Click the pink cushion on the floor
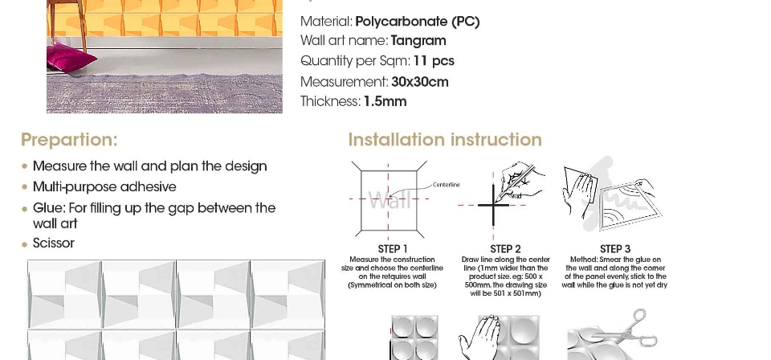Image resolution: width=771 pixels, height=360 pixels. [x=71, y=58]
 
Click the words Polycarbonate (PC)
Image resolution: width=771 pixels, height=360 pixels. [x=417, y=22]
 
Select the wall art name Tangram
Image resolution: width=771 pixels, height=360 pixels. [x=418, y=41]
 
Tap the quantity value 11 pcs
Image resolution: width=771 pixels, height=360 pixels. [x=434, y=61]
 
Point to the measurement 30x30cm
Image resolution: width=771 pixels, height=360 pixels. [x=420, y=82]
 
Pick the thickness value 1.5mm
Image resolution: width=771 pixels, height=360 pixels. [x=385, y=101]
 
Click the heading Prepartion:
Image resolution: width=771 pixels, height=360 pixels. [x=69, y=140]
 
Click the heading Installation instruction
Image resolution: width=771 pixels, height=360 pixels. [x=445, y=140]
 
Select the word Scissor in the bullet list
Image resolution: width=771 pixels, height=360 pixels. [x=54, y=243]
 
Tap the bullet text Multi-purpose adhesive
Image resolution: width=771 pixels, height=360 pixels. [x=104, y=187]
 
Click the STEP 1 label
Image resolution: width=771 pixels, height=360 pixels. [x=393, y=249]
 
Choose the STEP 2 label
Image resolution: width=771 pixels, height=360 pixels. [x=505, y=249]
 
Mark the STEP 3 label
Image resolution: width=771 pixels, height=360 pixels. [x=615, y=249]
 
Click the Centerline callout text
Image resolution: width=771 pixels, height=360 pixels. [x=447, y=185]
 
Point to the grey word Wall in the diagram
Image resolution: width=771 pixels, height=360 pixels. [x=390, y=201]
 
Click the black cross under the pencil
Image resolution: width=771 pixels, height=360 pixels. [x=493, y=205]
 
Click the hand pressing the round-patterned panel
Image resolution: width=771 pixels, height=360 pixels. [x=479, y=337]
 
